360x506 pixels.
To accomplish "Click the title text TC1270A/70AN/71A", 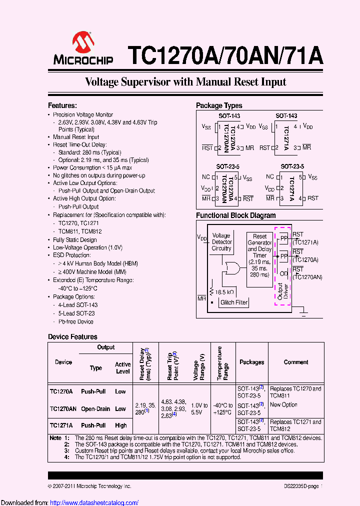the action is point(225,55).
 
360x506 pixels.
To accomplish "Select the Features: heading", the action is point(62,105).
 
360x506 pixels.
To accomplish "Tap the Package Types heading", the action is point(219,105).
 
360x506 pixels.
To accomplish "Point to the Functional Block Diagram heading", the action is point(235,215).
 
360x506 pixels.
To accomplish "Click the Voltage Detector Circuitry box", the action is point(221,242).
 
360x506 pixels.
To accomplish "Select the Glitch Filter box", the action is point(234,302).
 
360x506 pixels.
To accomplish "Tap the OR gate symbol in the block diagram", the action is point(232,268).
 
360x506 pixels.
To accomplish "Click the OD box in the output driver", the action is point(283,273).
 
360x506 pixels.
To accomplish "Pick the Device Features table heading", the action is point(72,337).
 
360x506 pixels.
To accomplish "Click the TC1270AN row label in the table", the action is point(63,409).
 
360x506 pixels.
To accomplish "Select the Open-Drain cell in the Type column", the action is point(95,409).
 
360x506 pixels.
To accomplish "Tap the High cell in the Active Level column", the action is point(120,425).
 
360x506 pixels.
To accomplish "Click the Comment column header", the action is point(296,362).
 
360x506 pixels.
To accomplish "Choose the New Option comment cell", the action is point(283,404).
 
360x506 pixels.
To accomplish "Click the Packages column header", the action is point(252,362).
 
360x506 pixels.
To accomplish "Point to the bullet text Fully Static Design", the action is point(75,240).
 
